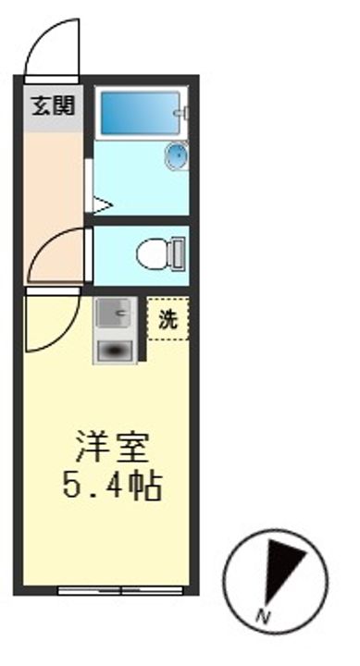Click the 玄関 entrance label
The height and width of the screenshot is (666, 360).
[53, 105]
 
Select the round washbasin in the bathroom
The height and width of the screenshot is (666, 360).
[176, 156]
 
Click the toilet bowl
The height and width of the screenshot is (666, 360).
[152, 252]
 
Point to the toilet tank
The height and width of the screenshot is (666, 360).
[177, 252]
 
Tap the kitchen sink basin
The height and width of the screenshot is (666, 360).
[116, 314]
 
